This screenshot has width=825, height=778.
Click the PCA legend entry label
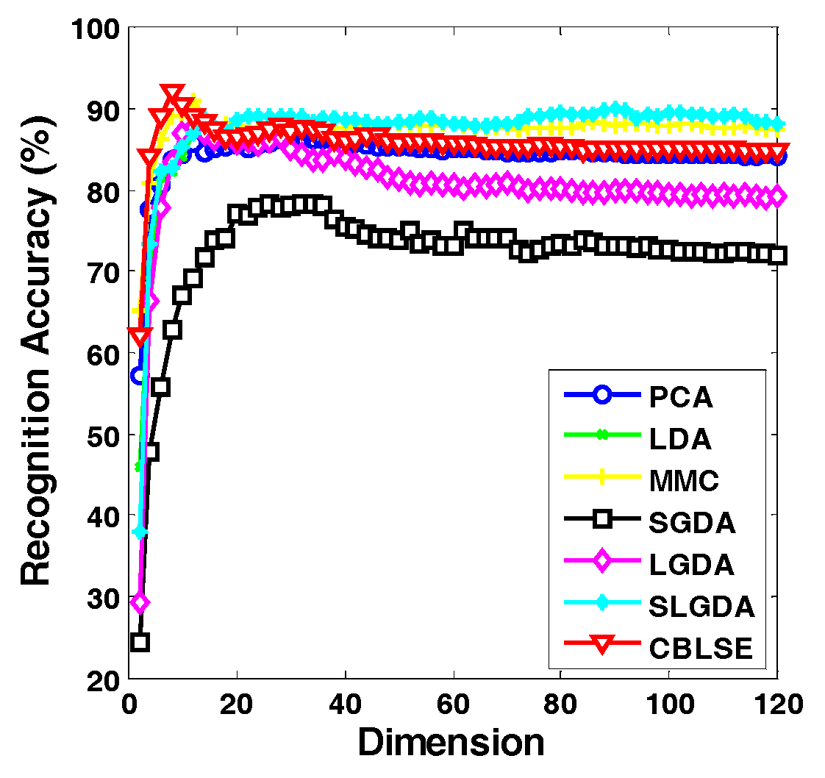coord(681,397)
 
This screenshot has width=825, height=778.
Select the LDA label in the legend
coord(680,439)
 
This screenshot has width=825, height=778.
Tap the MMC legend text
coord(684,481)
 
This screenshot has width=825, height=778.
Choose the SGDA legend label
coord(693,523)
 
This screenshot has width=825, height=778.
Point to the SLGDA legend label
coord(701,607)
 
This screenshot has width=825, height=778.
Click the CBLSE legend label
coord(701,649)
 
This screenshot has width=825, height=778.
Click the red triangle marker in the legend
coord(601,646)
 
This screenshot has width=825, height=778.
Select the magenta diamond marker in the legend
coord(601,563)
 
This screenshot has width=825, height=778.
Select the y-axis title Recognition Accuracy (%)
coord(37,353)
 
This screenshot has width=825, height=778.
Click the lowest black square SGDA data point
coord(140,642)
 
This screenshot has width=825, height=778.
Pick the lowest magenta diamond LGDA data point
coord(140,603)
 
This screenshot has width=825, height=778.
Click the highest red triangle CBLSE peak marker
coord(172,94)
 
